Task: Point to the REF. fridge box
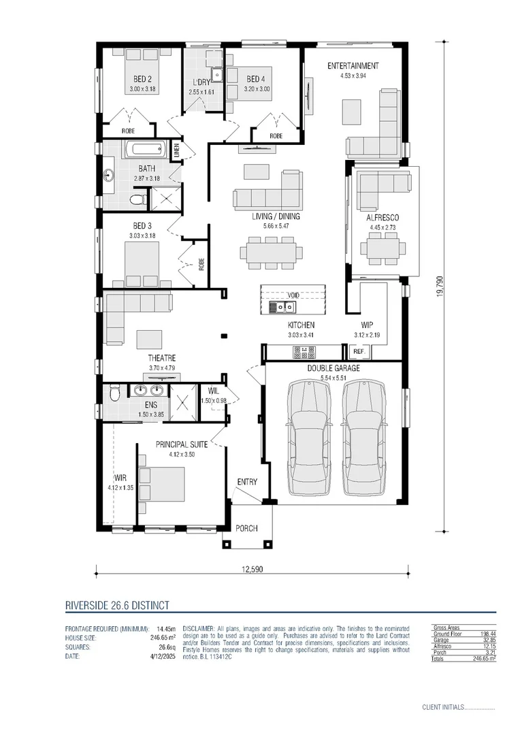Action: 358,352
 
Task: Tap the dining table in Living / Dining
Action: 271,252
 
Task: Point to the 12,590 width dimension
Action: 251,569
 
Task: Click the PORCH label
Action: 246,528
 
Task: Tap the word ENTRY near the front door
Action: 247,482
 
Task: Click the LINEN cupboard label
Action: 176,150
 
